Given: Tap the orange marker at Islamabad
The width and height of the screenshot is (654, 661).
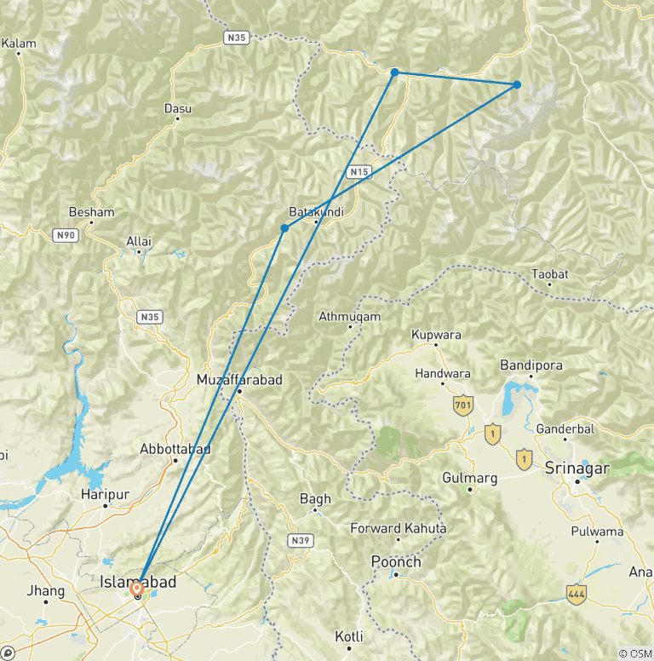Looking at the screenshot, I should coord(137,589).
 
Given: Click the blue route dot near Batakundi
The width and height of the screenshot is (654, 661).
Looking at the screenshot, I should coord(284,228).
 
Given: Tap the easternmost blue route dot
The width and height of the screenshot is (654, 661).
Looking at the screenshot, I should coord(517,85).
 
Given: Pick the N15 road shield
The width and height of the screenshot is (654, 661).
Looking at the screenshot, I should coord(359,172).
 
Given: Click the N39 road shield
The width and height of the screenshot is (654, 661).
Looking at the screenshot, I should coord(299,540).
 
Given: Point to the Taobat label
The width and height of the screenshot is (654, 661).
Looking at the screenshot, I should coord(549,273).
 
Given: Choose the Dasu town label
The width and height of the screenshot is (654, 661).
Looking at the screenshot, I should coord(177,109).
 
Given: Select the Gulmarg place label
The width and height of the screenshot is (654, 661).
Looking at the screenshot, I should coord(469,479).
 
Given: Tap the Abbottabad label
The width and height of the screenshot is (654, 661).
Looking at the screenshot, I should coord(175,448).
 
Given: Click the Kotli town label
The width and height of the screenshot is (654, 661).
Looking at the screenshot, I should coord(349,636).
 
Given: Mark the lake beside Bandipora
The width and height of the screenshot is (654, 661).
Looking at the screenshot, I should coord(515,396).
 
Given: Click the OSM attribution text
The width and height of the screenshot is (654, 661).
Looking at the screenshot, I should coord(635,653).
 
